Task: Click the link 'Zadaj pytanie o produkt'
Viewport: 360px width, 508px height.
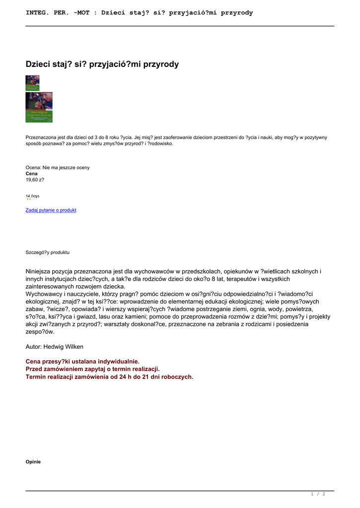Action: pyautogui.click(x=51, y=210)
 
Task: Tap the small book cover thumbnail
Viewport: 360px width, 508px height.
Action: pyautogui.click(x=32, y=83)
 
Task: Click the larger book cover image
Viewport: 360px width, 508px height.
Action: pyautogui.click(x=39, y=107)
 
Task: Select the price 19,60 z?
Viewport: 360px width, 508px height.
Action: pyautogui.click(x=35, y=180)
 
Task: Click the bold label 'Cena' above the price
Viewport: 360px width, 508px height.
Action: pyautogui.click(x=31, y=174)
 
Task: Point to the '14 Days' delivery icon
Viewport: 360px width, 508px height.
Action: pyautogui.click(x=32, y=197)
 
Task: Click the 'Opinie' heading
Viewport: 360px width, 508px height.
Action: pyautogui.click(x=33, y=462)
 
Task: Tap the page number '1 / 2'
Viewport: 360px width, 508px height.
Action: pyautogui.click(x=318, y=494)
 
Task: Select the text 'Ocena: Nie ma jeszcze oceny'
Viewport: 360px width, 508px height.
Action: pyautogui.click(x=58, y=168)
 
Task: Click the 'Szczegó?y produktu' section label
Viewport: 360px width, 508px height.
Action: pyautogui.click(x=48, y=253)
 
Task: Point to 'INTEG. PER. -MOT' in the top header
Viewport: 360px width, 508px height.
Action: pyautogui.click(x=58, y=13)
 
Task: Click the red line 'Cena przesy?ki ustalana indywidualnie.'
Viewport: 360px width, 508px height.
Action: pyautogui.click(x=82, y=362)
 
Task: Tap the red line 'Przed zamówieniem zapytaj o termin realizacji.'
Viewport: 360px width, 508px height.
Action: pyautogui.click(x=92, y=369)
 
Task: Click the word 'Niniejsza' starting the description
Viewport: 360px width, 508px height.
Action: pyautogui.click(x=41, y=271)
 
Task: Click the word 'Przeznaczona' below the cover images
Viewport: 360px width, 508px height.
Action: pyautogui.click(x=41, y=137)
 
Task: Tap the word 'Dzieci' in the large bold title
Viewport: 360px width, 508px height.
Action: pyautogui.click(x=39, y=64)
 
